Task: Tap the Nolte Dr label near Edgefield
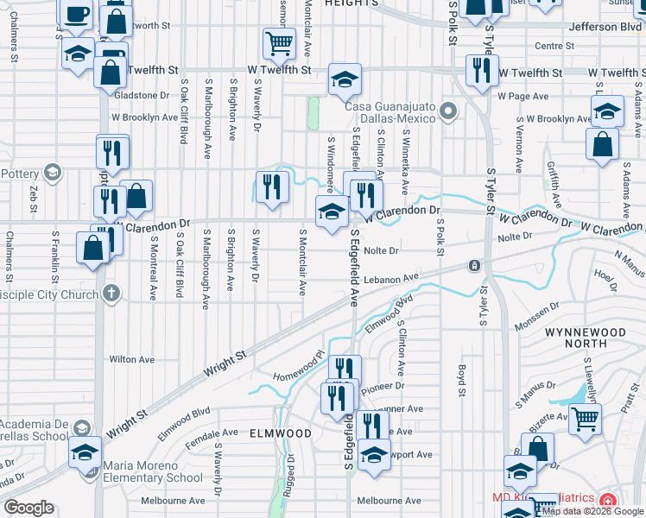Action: click(380, 251)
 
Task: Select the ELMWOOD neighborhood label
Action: click(280, 432)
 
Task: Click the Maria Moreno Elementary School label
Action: click(153, 471)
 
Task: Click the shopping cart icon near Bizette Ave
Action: click(586, 419)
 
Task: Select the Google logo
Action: click(28, 508)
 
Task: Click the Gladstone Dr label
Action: click(141, 95)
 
